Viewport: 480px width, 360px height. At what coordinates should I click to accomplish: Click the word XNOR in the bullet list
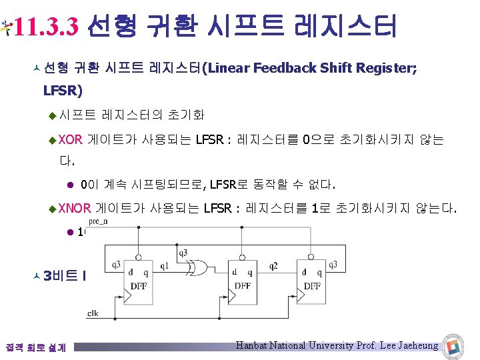tap(74, 209)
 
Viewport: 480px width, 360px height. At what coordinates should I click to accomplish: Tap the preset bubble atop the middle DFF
tap(243, 256)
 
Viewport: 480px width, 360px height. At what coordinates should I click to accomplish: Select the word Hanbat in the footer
tap(253, 345)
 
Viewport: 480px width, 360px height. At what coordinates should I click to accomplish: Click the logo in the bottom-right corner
tap(454, 347)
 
